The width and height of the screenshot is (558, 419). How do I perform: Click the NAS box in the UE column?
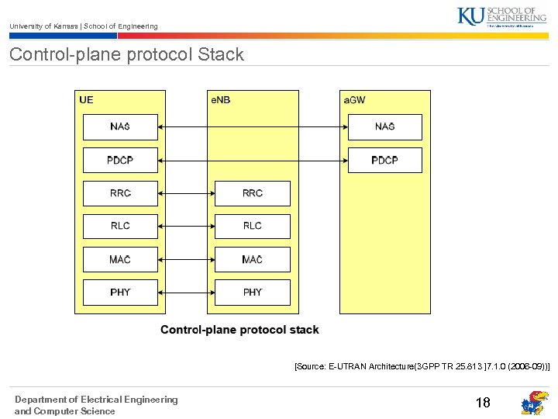pos(120,127)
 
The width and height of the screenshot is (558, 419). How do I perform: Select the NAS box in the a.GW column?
pos(384,127)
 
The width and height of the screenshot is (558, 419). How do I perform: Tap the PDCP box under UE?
pos(120,161)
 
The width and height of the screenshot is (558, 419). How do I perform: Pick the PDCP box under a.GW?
pos(384,161)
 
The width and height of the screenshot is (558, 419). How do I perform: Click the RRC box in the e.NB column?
pos(252,193)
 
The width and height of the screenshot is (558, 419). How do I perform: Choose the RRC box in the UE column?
pos(120,193)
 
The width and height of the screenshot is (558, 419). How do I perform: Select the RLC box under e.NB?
pos(252,226)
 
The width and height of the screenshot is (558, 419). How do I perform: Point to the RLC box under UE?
pos(120,226)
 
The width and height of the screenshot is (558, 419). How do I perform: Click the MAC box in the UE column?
pos(120,259)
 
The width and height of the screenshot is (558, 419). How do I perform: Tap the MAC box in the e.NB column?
pos(252,259)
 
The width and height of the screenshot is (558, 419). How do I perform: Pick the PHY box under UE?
pos(120,293)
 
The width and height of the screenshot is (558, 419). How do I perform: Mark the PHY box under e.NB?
pos(252,293)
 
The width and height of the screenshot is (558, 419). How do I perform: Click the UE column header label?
pos(86,100)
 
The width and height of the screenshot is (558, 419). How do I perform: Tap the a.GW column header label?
pos(355,100)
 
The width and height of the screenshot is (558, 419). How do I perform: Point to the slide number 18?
pos(483,403)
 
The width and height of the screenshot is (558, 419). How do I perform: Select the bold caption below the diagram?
pos(239,330)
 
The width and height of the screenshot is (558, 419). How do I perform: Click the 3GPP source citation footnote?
pos(422,365)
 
